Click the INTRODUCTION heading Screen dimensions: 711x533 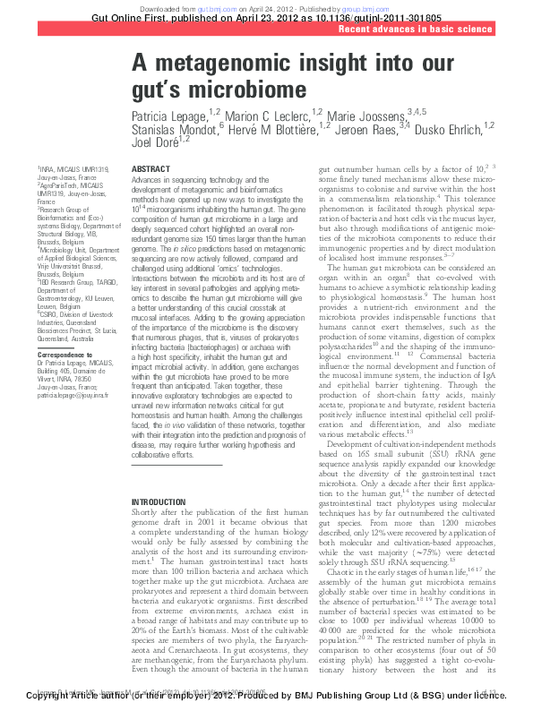159,502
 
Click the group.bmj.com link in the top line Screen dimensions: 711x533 364,4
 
